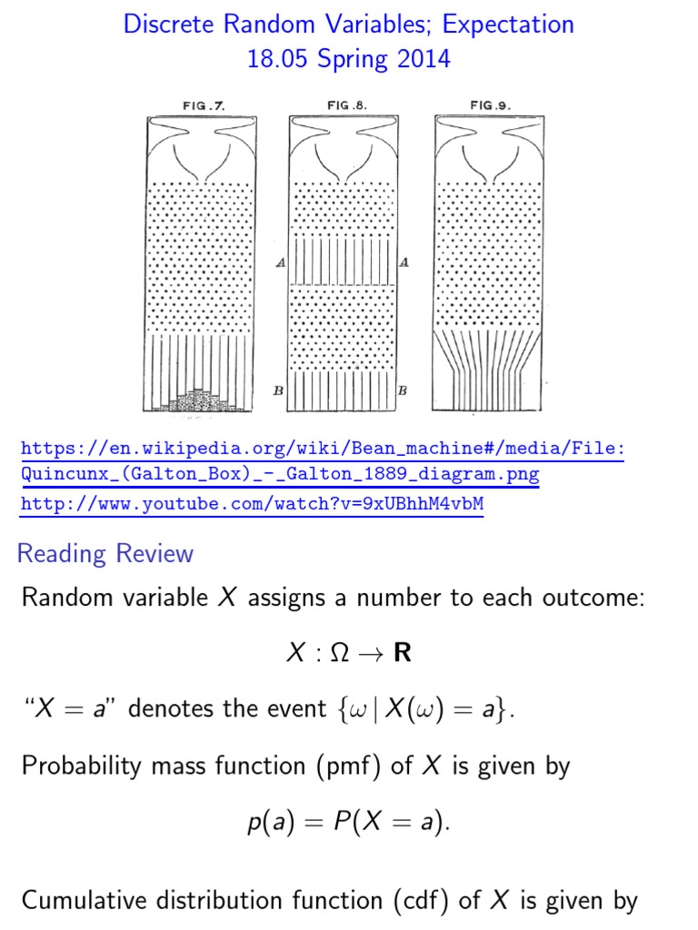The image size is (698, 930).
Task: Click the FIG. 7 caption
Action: [x=204, y=105]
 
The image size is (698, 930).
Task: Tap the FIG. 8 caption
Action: [x=347, y=105]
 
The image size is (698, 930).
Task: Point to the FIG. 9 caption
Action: [x=490, y=105]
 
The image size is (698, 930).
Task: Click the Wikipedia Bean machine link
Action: [x=323, y=460]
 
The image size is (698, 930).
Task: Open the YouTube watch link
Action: [x=252, y=503]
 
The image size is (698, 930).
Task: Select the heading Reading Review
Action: [x=105, y=553]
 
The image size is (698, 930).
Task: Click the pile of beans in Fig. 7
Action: [x=199, y=402]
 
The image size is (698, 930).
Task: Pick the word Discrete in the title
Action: [x=167, y=24]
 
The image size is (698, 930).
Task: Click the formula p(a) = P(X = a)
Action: [x=348, y=824]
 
